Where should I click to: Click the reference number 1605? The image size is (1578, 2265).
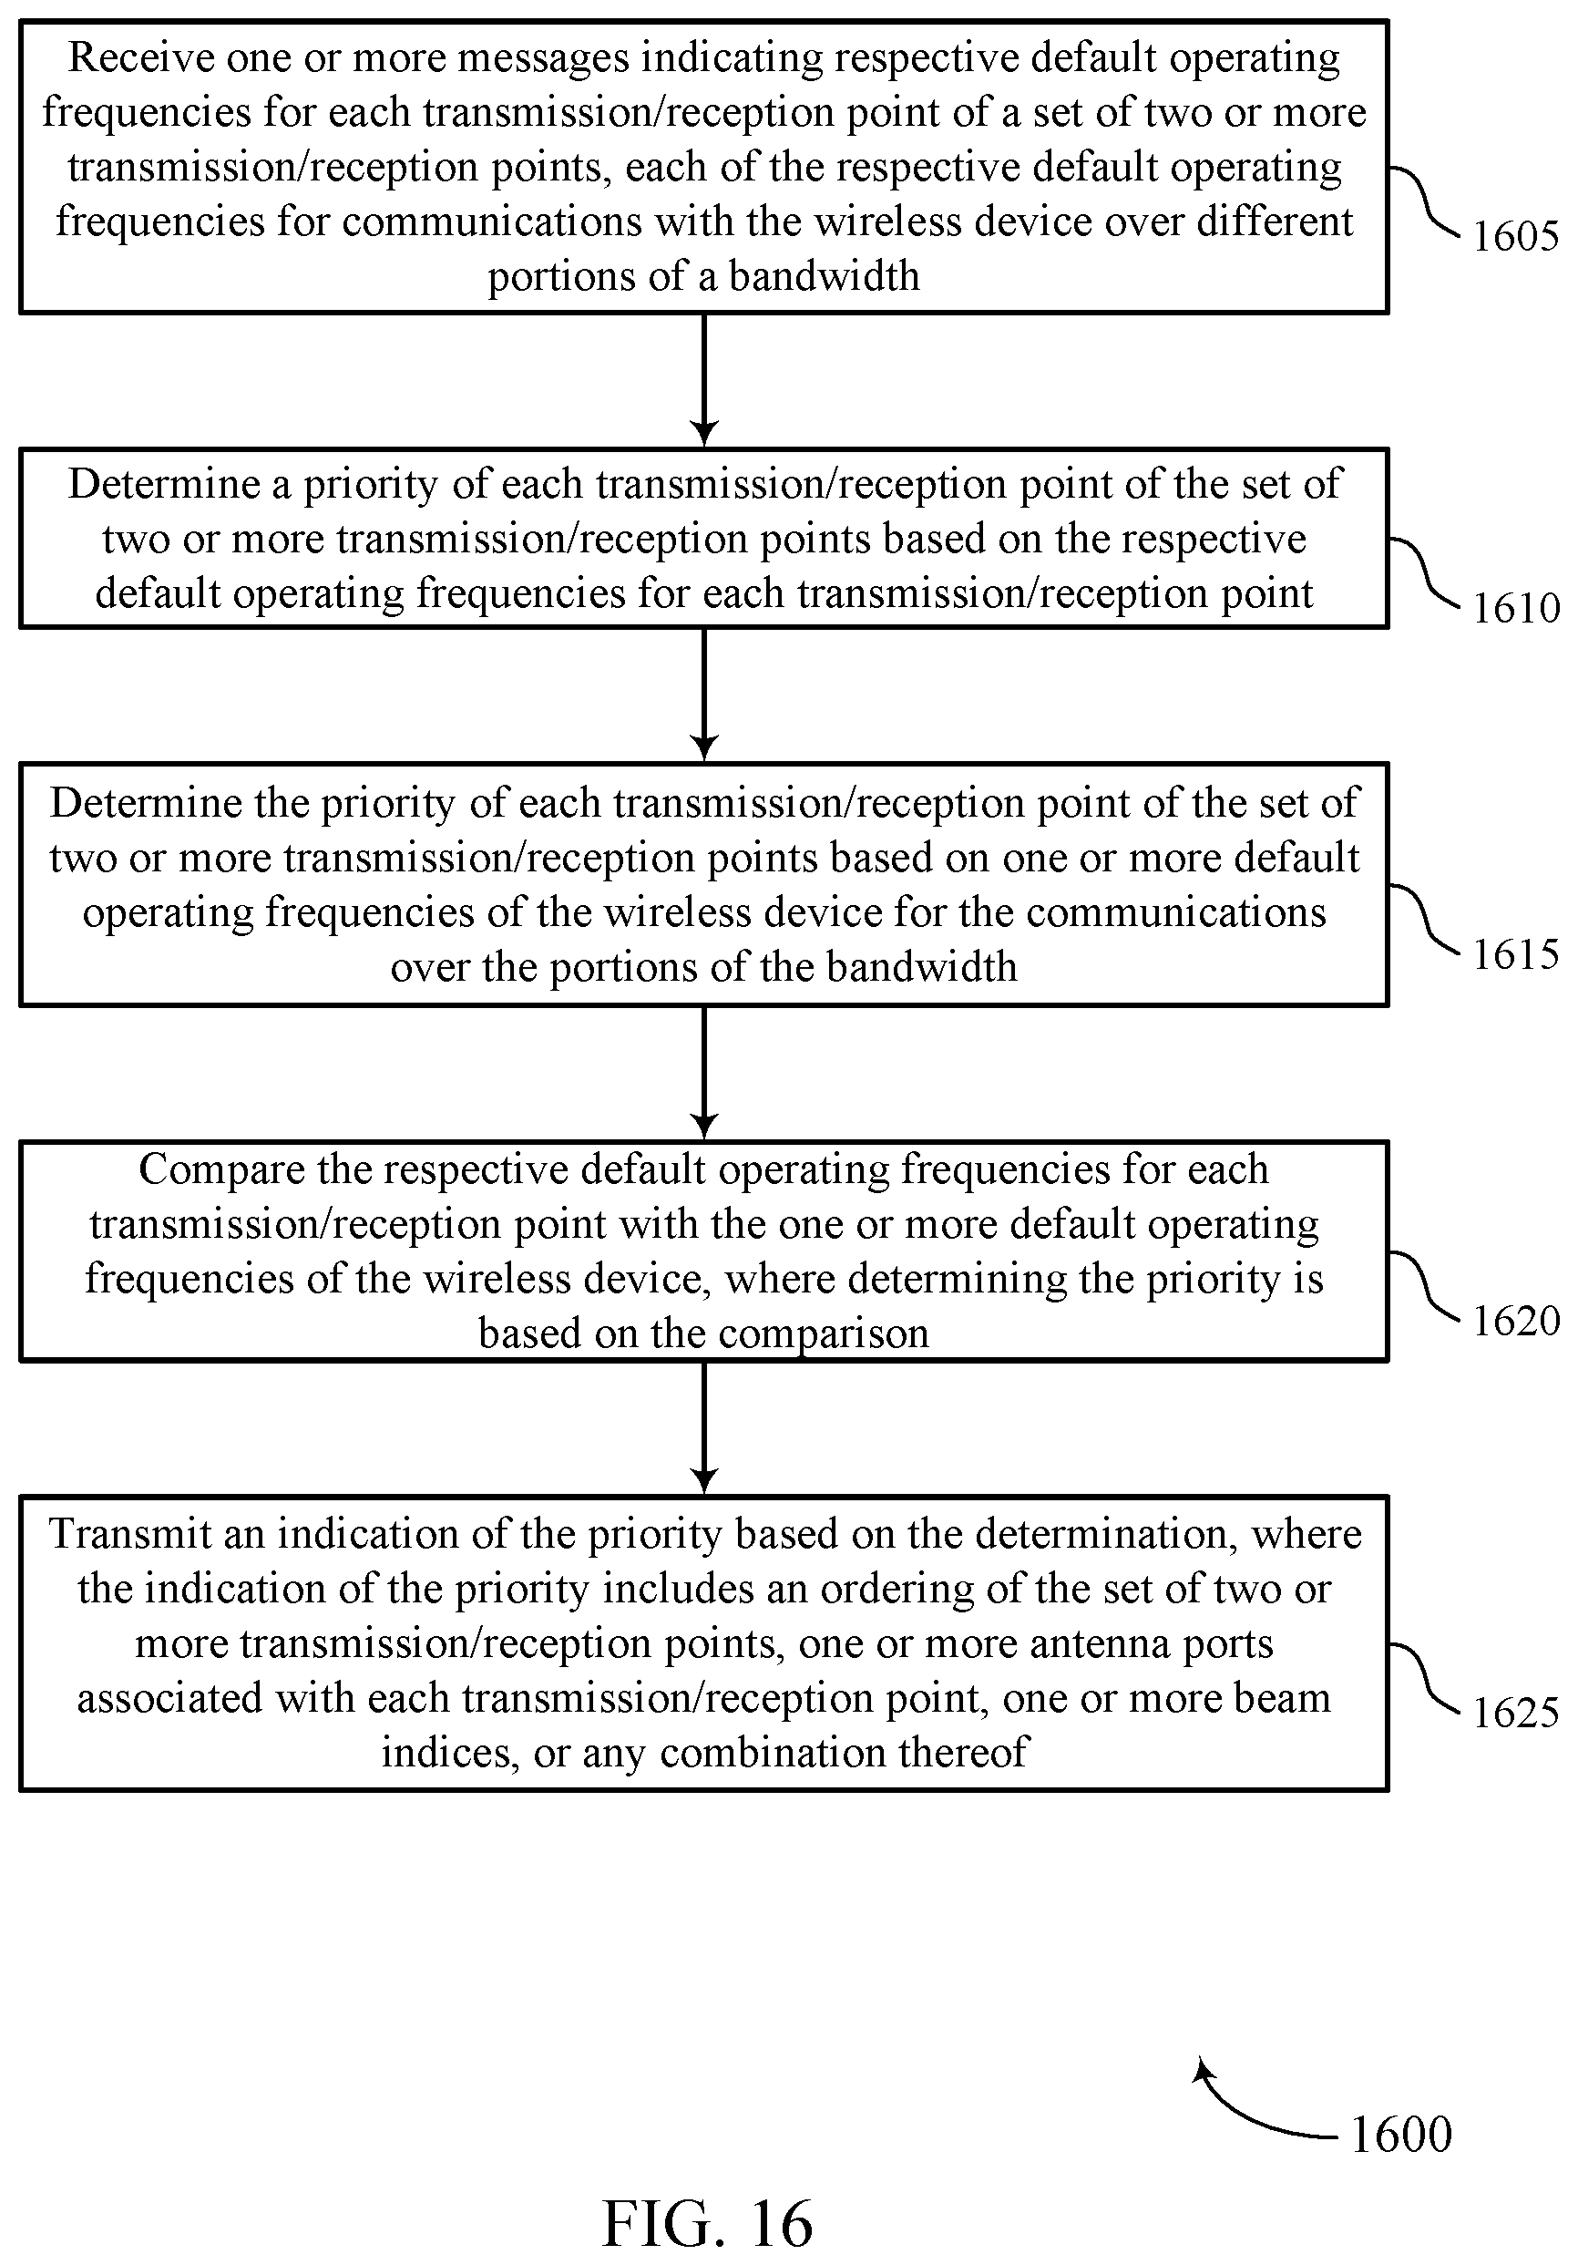point(1516,237)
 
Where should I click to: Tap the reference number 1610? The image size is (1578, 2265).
point(1516,608)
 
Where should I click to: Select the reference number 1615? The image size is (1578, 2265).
point(1516,954)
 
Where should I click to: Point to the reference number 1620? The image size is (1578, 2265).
point(1516,1321)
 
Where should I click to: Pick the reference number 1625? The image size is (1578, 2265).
point(1516,1713)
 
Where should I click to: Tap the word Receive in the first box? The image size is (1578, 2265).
point(140,58)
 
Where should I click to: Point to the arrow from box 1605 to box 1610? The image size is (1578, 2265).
point(703,381)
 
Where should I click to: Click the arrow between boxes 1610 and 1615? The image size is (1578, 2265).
point(703,695)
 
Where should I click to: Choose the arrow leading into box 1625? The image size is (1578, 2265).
point(703,1428)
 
